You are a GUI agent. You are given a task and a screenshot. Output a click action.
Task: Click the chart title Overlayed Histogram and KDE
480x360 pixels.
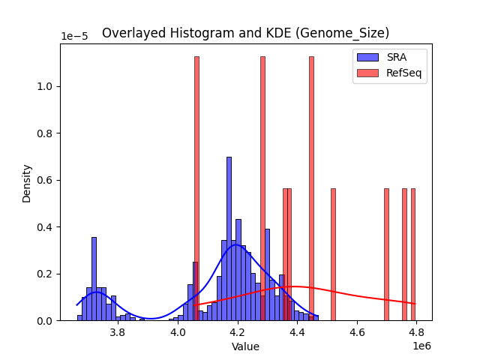[x=245, y=33]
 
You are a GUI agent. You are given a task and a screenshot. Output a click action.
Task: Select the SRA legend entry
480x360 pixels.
[x=389, y=58]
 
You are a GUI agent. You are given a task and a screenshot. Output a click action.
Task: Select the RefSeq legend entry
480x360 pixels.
[x=389, y=72]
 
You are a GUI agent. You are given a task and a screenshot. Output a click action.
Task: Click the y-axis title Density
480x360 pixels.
[x=27, y=182]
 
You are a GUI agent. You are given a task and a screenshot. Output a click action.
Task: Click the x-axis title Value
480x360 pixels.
[x=245, y=347]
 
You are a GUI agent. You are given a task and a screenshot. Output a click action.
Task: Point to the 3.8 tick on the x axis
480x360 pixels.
[x=118, y=332]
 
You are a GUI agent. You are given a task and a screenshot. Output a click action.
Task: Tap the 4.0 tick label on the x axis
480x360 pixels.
[x=178, y=332]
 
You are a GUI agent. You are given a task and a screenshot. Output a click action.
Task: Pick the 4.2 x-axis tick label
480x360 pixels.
[x=238, y=332]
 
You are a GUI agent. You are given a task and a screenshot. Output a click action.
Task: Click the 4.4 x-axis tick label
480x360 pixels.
[x=297, y=332]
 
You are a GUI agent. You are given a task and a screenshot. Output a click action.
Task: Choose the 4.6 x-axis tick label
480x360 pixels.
[x=357, y=332]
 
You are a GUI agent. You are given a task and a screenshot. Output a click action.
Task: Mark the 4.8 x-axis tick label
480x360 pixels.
[x=416, y=332]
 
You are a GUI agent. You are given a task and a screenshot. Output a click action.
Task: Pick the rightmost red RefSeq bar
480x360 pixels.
[x=412, y=255]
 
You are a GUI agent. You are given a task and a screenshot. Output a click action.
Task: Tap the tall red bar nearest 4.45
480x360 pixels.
[x=311, y=187]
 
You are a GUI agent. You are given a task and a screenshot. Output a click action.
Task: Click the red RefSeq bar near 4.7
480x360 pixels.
[x=386, y=255]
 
